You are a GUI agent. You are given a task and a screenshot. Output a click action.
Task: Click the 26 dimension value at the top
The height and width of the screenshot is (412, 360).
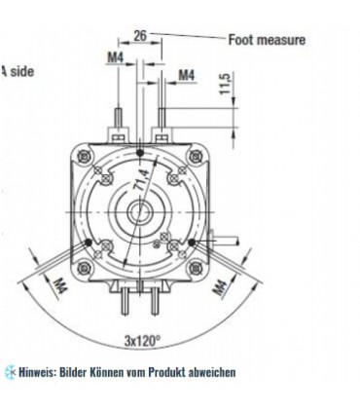point(140,36)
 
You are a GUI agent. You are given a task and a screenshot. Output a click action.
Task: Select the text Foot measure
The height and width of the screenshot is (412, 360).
point(267,40)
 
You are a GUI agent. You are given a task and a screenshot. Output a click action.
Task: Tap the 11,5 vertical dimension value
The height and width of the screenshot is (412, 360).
point(225,85)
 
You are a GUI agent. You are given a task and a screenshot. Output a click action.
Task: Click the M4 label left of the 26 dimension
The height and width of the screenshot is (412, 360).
point(115,57)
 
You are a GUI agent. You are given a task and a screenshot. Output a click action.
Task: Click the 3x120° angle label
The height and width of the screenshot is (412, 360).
point(142,341)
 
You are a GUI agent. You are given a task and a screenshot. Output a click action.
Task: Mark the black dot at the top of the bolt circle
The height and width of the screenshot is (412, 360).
point(142,153)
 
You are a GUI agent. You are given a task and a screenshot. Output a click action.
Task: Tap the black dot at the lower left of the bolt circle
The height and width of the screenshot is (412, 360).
point(90,242)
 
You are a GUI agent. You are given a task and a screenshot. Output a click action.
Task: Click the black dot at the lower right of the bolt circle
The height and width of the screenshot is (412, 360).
point(193,242)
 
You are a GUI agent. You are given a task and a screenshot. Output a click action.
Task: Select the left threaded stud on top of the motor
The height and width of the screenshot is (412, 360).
point(118,128)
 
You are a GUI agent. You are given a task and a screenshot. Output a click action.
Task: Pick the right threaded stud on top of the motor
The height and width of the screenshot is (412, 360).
point(161,128)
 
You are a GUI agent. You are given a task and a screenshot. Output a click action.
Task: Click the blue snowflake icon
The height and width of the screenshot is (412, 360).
point(10,372)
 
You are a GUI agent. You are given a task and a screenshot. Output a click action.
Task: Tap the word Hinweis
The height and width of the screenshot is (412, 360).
point(35,372)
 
